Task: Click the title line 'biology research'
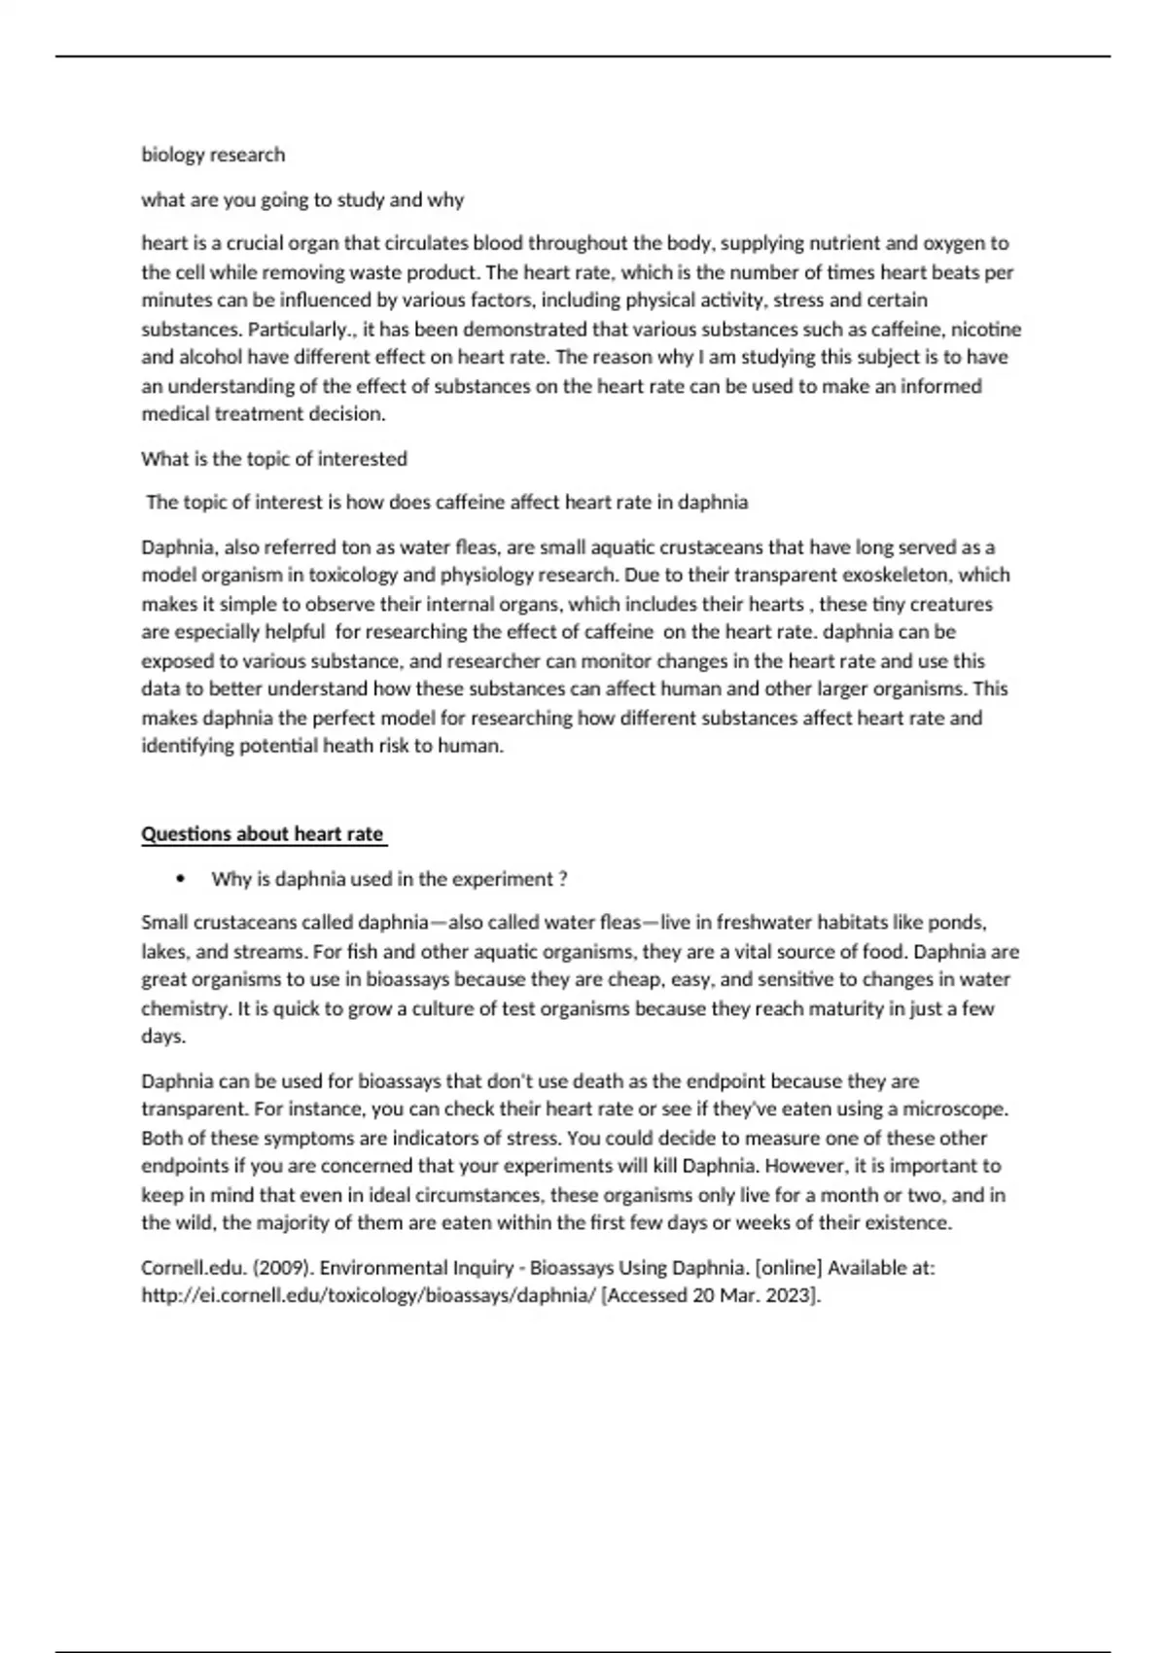[213, 155]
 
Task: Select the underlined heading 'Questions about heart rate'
[263, 833]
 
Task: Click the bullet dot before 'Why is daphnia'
[181, 879]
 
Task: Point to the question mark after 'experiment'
[563, 879]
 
